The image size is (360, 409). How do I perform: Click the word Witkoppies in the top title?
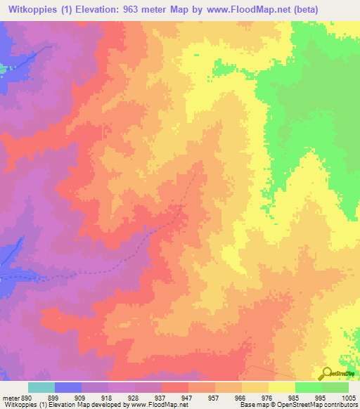pyautogui.click(x=32, y=10)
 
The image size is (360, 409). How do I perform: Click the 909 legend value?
pyautogui.click(x=82, y=398)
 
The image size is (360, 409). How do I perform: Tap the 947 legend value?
pyautogui.click(x=188, y=398)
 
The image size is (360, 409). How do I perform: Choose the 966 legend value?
pyautogui.click(x=242, y=398)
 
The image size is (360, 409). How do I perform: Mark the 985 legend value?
pyautogui.click(x=295, y=398)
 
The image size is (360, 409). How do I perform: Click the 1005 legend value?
pyautogui.click(x=349, y=398)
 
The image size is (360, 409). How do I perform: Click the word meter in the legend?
pyautogui.click(x=10, y=398)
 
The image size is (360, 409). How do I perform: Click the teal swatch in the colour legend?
pyautogui.click(x=41, y=387)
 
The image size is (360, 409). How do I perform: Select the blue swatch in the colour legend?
pyautogui.click(x=68, y=387)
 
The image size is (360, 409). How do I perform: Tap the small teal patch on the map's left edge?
pyautogui.click(x=2, y=69)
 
